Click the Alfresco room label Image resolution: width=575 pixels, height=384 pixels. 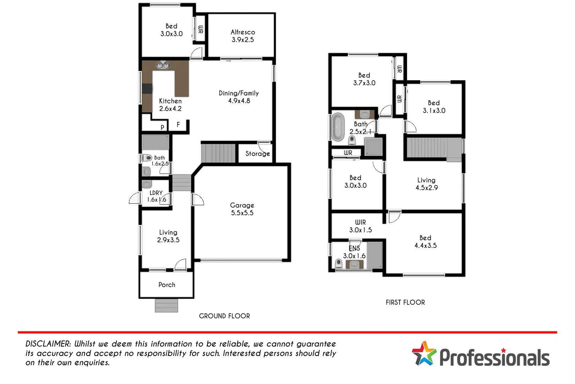point(243,32)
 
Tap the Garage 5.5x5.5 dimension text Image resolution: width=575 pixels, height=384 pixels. point(242,213)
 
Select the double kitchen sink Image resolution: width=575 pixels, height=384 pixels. point(163,65)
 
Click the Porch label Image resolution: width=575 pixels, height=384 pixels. point(167,285)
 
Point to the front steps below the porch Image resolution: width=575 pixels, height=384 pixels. point(166,306)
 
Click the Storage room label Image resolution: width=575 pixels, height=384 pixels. point(257,154)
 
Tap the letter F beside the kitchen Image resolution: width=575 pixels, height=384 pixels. point(178,124)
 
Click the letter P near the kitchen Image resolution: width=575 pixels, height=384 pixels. point(163,127)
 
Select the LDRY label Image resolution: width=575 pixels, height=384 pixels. point(156,193)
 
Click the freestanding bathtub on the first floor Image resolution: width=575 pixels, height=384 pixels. point(338,127)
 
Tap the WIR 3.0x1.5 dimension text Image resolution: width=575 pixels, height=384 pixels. point(360,230)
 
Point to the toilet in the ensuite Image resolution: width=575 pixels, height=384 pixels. point(339,263)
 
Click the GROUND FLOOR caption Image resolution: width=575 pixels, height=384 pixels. point(224,316)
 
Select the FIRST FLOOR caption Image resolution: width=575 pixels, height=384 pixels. point(405,303)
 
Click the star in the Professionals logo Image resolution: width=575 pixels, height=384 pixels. point(424,353)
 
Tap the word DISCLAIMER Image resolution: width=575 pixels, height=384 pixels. point(48,344)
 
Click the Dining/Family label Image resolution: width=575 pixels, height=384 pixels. point(239,93)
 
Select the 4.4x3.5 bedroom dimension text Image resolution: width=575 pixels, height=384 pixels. point(425,246)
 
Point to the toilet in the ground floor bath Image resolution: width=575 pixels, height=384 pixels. point(147,158)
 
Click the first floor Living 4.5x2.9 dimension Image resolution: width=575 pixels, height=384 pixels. point(427,188)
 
